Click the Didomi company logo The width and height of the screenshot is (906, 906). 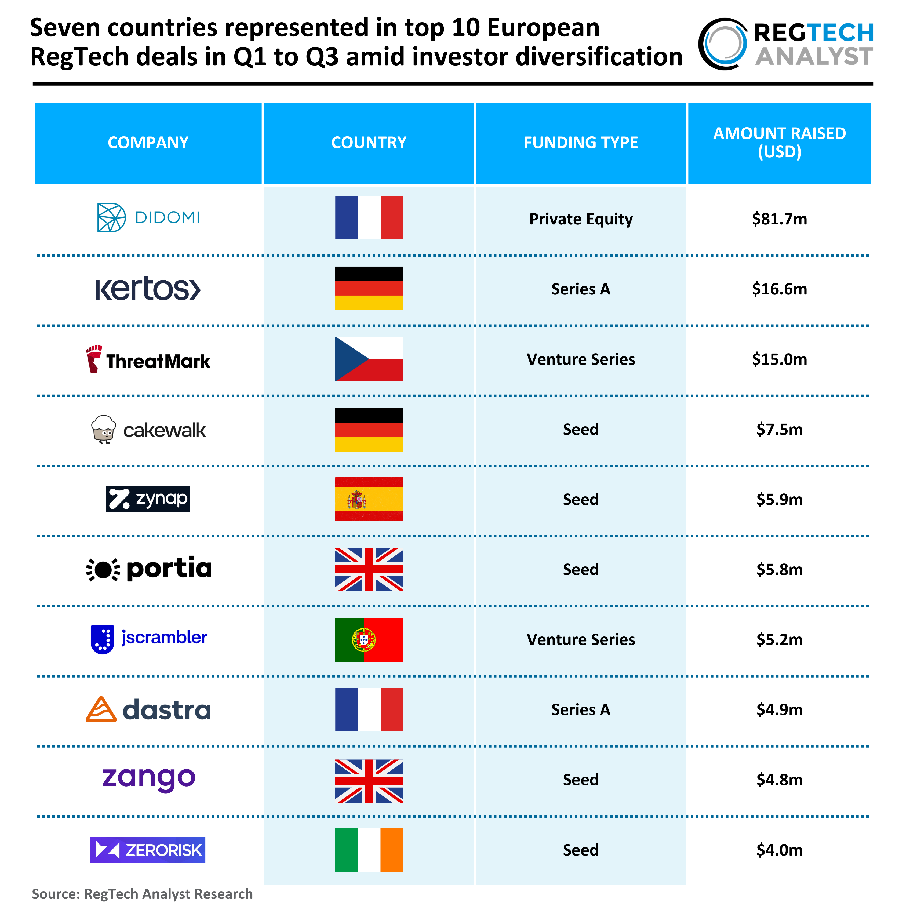click(148, 218)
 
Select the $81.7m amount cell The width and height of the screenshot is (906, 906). click(779, 219)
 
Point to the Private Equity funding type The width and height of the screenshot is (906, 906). click(581, 219)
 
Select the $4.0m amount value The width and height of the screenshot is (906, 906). click(779, 850)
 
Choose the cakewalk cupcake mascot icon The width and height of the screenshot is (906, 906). click(104, 429)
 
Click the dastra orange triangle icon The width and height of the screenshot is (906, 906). click(101, 709)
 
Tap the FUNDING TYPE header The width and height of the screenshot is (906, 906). click(581, 143)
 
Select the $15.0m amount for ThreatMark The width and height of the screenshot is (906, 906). click(779, 359)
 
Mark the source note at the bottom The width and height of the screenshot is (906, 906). click(142, 894)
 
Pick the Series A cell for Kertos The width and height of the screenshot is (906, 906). click(581, 289)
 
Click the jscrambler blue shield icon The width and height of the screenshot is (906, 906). click(102, 639)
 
